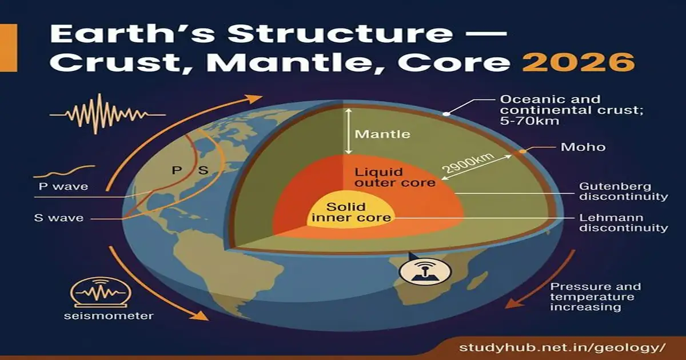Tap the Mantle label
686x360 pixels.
point(382,135)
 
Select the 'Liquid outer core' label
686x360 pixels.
point(378,177)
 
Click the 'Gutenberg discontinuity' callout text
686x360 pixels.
point(623,191)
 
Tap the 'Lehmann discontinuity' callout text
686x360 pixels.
point(623,223)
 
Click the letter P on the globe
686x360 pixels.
point(177,170)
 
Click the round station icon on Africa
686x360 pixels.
point(417,271)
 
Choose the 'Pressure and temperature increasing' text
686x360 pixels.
point(595,297)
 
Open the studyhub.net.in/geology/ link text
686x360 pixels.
point(563,347)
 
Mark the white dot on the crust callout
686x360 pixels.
point(446,114)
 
